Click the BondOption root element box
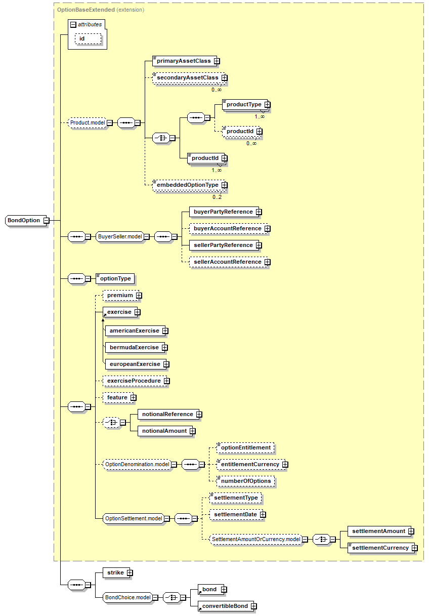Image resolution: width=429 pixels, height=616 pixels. pos(26,220)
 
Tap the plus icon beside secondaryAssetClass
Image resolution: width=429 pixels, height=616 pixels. pos(225,78)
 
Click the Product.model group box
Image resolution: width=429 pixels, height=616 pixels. pos(87,122)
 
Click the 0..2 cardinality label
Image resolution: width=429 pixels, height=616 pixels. pos(217,197)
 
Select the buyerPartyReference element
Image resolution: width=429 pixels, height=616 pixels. pos(224,212)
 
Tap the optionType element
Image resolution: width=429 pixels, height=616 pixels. pos(115,278)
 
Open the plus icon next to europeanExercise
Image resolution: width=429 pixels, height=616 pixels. pos(166,364)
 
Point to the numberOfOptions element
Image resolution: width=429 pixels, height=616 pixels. pos(246,481)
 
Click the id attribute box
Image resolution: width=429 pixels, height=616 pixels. pos(88,39)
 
